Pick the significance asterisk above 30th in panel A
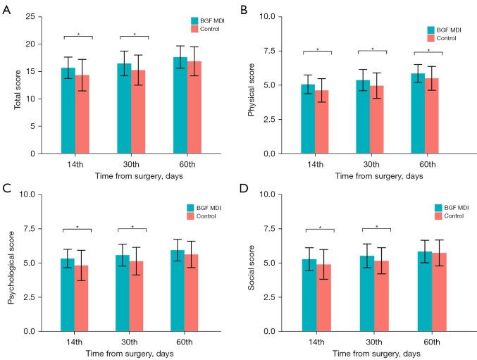coord(134,33)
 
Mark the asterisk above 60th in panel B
coord(428,50)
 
